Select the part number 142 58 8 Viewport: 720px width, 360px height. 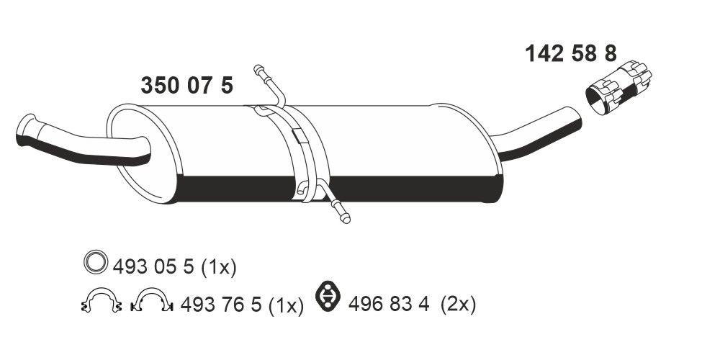(x=570, y=54)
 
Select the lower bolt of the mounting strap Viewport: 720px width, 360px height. (x=341, y=212)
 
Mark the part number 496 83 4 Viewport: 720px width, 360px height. (x=389, y=305)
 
